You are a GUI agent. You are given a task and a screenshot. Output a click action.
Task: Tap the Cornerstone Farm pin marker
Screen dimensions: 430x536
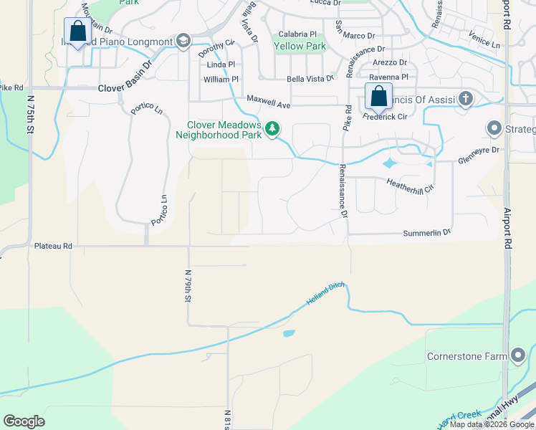(x=520, y=356)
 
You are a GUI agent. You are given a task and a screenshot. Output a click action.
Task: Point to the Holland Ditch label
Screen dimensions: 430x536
(x=326, y=294)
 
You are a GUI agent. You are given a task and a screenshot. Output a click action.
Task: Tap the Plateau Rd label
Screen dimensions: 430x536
(x=53, y=246)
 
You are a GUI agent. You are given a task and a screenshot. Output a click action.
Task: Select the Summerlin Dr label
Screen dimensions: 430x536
(x=426, y=233)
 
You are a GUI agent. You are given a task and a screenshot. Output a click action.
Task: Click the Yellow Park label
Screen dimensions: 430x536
(x=300, y=47)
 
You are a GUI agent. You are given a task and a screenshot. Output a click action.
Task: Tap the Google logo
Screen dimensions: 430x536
(x=24, y=421)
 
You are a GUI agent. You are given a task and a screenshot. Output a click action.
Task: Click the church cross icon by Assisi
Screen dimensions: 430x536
(x=466, y=98)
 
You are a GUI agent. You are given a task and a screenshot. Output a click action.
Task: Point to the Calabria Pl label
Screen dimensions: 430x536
(x=297, y=34)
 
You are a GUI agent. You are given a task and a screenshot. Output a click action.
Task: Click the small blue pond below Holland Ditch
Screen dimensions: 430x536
(x=288, y=333)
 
